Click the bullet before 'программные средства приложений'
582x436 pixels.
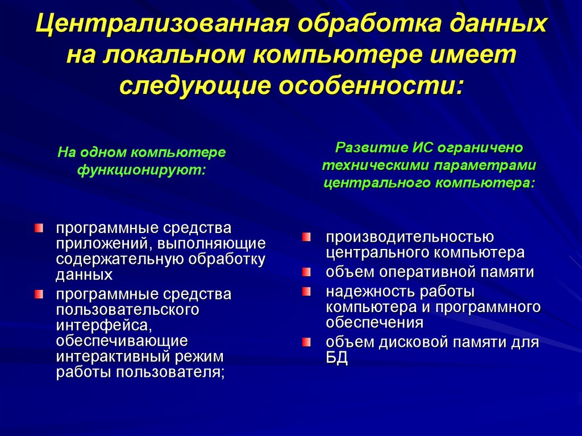[x=38, y=228]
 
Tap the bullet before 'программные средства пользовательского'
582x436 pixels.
[x=38, y=294]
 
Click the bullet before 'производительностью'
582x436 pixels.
[x=306, y=236]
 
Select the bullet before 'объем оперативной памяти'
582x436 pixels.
[x=306, y=272]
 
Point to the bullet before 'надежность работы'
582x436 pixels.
[x=306, y=292]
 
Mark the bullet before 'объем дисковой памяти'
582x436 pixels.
[x=306, y=342]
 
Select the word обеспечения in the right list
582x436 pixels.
[x=374, y=322]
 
